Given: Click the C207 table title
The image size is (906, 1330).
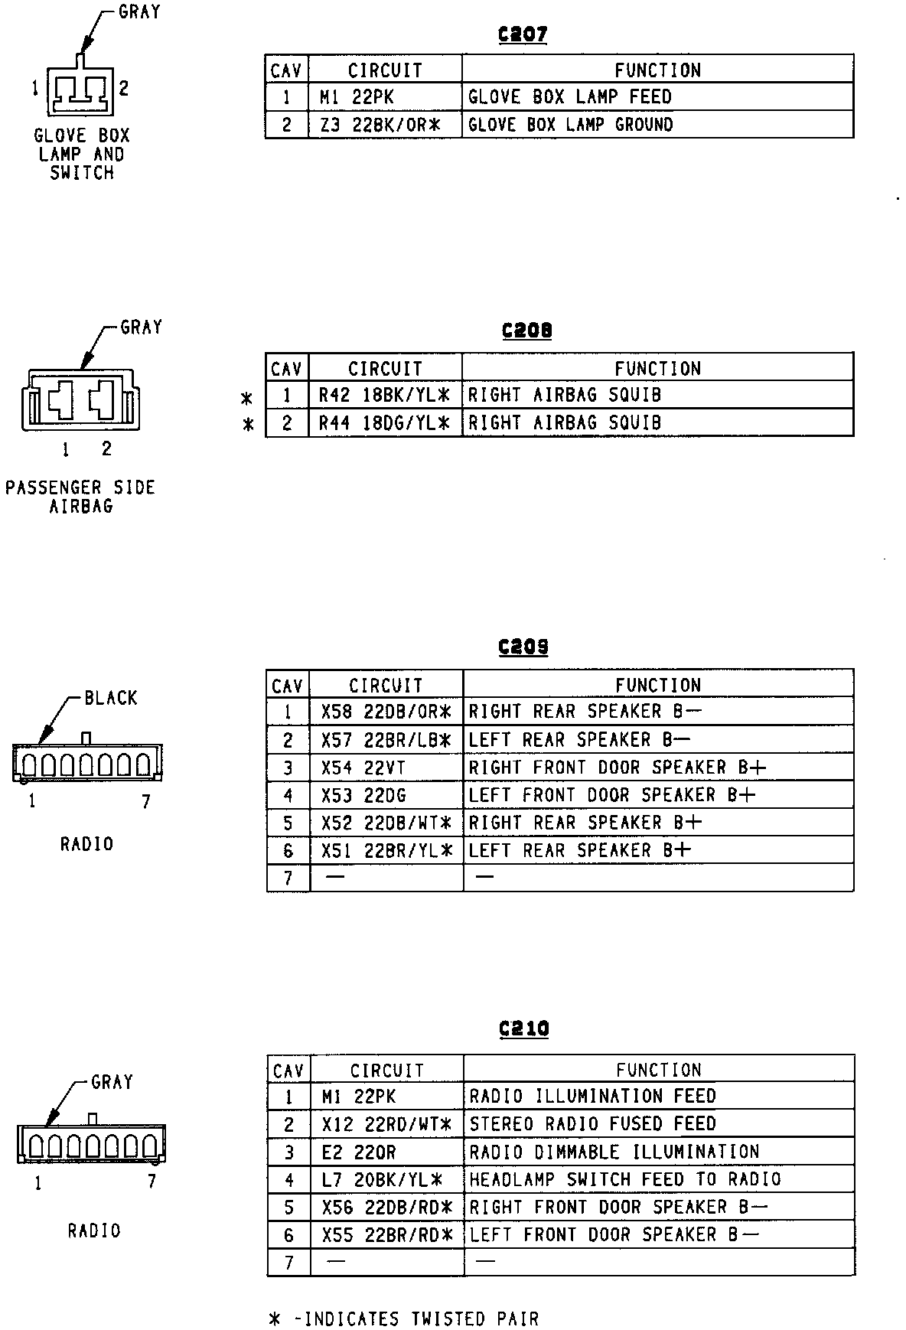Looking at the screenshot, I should pos(523,34).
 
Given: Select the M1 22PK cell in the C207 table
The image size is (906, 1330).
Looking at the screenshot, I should pos(385,97).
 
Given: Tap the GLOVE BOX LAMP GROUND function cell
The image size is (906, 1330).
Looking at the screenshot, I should pos(657,125).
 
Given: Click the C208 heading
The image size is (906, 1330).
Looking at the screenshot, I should pos(526,331).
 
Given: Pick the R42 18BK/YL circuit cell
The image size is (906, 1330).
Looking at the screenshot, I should pos(385,396).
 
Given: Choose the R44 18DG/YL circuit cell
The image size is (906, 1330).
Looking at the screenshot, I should pos(385,423).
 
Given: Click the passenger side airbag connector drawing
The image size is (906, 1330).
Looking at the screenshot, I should pos(81,400).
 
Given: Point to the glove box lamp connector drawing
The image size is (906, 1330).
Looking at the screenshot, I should pos(80,89).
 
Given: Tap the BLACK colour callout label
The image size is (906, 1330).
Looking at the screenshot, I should pos(111,698).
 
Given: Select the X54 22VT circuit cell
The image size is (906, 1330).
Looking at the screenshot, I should pos(386,768).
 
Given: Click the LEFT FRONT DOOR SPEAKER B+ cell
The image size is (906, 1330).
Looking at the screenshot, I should pos(658,795).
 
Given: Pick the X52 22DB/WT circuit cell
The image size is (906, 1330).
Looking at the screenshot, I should pos(386,823).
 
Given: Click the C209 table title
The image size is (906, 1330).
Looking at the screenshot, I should pos(523,647).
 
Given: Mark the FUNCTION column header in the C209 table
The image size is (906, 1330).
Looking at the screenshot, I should pos(658,685).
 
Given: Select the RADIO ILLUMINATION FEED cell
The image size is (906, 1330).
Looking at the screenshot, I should pos(658,1097).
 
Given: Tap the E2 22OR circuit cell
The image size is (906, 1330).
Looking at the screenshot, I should pos(387,1152).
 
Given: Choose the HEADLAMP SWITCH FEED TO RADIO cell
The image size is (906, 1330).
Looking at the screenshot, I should pos(658,1180).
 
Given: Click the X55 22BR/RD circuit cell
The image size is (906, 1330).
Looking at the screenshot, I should pos(387,1235).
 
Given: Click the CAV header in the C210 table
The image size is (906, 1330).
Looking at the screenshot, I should pos(288,1070).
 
